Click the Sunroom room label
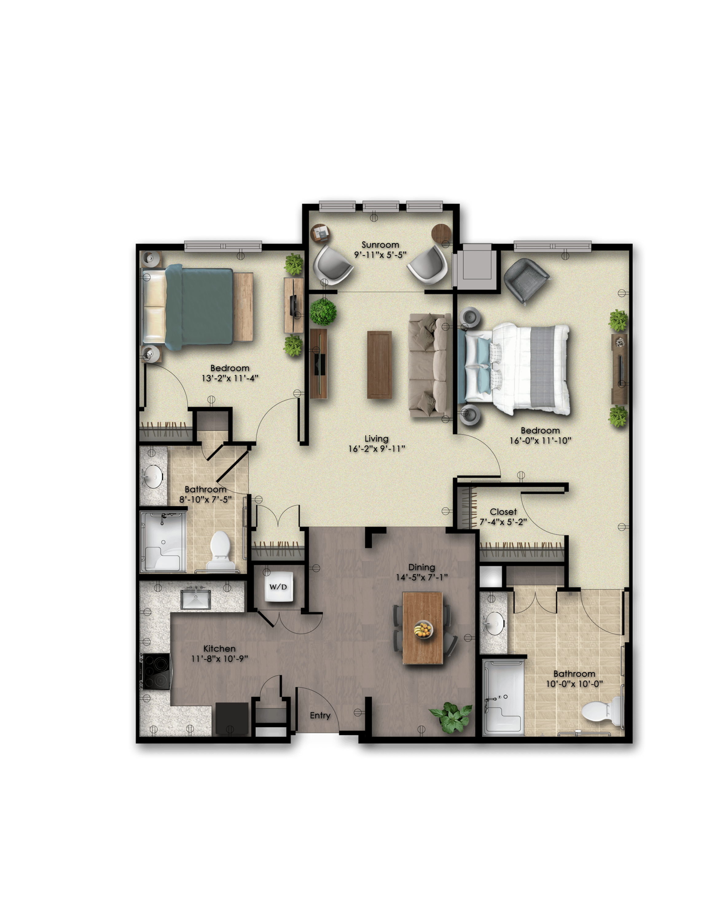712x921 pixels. (380, 245)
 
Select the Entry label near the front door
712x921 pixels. (320, 715)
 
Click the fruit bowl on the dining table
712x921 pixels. (423, 630)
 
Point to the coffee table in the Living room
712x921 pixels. (380, 364)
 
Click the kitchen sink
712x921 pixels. (196, 599)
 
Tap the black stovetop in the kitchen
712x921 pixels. (156, 671)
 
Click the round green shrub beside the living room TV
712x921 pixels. (323, 312)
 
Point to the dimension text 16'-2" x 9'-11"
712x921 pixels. (377, 449)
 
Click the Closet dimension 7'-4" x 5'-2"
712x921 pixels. (503, 522)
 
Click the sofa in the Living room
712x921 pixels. (429, 365)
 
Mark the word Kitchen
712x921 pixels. (219, 649)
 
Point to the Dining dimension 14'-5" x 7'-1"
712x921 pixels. (422, 577)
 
